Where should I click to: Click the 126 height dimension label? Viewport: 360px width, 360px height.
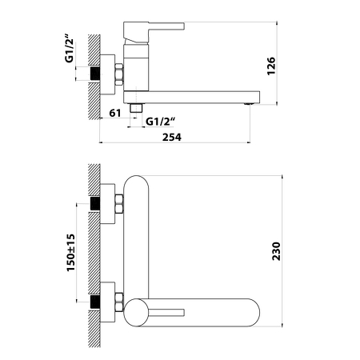(271, 66)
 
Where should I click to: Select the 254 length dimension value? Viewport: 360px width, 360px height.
(172, 137)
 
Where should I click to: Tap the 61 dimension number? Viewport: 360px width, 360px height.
(115, 113)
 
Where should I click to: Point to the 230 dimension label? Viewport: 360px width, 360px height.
(276, 251)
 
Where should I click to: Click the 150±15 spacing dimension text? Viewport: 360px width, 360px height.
(70, 253)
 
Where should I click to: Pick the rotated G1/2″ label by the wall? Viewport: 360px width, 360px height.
(69, 48)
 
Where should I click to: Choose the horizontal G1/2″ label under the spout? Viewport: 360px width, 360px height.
(160, 122)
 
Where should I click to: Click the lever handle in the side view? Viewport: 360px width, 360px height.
(154, 32)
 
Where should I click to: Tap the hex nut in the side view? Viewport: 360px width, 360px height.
(119, 74)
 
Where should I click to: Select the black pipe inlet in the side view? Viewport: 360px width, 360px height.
(95, 74)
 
